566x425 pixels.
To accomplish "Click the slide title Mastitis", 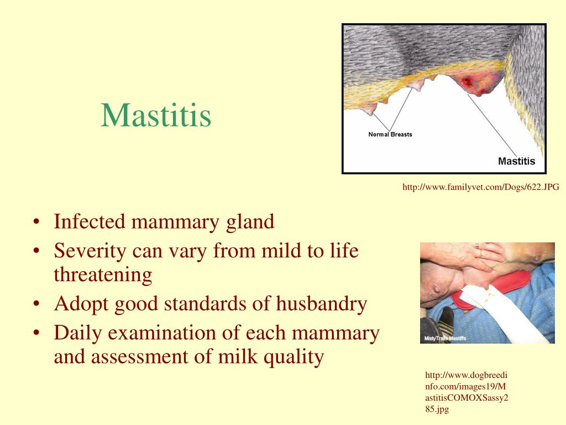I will (x=156, y=116).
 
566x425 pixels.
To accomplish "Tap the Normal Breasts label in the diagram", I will (x=390, y=134).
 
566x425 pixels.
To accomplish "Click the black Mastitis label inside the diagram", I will (x=516, y=162).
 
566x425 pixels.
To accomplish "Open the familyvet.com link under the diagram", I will (x=480, y=188).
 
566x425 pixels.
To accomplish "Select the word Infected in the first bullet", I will (x=90, y=222).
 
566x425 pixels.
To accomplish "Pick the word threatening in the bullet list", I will (x=102, y=274).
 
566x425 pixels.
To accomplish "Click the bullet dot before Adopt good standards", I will (x=36, y=304).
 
